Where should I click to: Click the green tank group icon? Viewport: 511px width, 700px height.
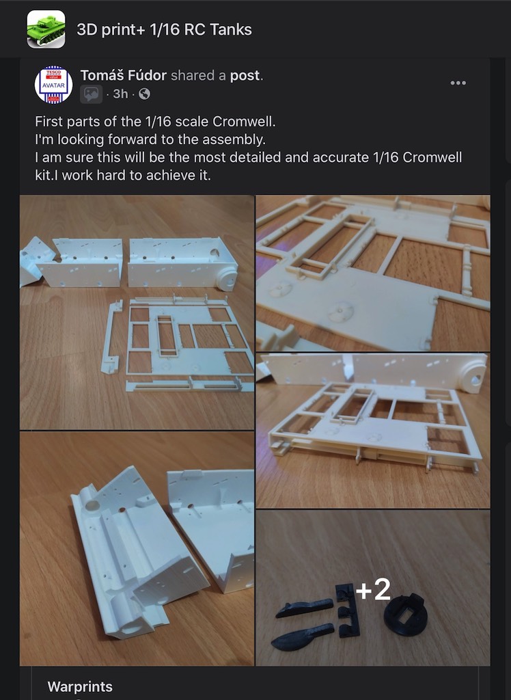[x=46, y=29]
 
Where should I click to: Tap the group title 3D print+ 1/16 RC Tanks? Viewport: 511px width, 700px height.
[x=164, y=29]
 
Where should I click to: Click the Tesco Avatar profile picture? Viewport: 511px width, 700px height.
[x=53, y=85]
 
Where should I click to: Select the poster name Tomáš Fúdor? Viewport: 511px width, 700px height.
[x=124, y=75]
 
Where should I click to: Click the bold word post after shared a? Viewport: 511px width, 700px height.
[x=245, y=76]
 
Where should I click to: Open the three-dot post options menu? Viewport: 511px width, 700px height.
[x=458, y=83]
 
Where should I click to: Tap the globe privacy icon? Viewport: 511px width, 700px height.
[x=144, y=94]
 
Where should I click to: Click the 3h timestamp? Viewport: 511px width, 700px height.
[x=120, y=94]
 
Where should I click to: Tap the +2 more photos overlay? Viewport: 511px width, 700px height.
[x=373, y=590]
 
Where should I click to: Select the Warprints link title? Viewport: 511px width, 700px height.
[x=80, y=686]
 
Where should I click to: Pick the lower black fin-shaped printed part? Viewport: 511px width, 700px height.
[x=302, y=637]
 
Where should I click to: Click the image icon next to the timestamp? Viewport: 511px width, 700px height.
[x=91, y=94]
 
